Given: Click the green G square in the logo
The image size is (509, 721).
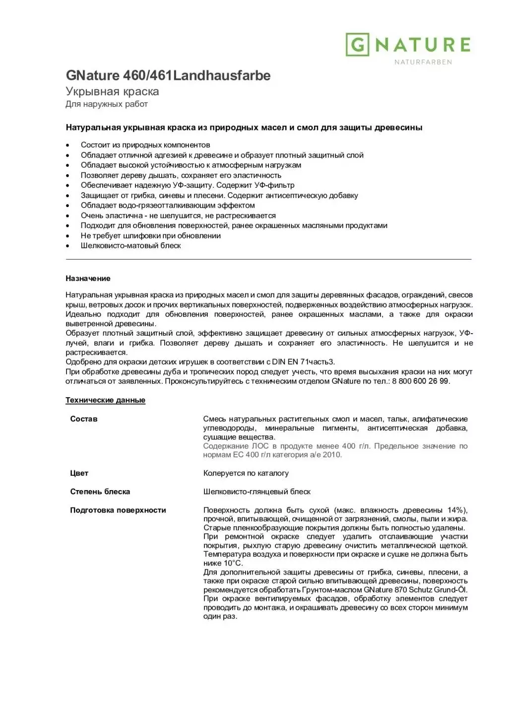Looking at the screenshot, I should [357, 45].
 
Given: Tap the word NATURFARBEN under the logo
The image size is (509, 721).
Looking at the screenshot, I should [423, 62].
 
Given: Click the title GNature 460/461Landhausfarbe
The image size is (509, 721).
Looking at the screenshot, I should [168, 75].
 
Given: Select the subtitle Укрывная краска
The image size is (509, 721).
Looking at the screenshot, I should [112, 91].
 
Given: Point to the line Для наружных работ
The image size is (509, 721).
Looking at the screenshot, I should [107, 104].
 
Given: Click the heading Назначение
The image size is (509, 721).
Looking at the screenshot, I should [88, 279].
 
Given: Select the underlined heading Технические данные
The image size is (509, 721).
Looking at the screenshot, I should [105, 400].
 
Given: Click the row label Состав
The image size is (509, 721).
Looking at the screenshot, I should [84, 419].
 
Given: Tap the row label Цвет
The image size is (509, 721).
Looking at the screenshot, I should [79, 473].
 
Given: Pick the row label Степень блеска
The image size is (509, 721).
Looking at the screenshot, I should [100, 492].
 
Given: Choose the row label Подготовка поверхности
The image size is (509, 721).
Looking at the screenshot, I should [118, 510].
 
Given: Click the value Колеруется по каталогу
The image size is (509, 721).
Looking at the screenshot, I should [246, 473].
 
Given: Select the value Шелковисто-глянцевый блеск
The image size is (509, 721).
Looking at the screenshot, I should [256, 492].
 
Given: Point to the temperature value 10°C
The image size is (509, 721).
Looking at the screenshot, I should [233, 563].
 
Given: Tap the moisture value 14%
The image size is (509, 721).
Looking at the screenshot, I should [455, 510].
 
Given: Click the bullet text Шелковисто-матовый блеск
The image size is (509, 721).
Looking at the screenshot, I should [130, 246].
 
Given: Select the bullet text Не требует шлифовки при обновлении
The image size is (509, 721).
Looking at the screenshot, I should [150, 236].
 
